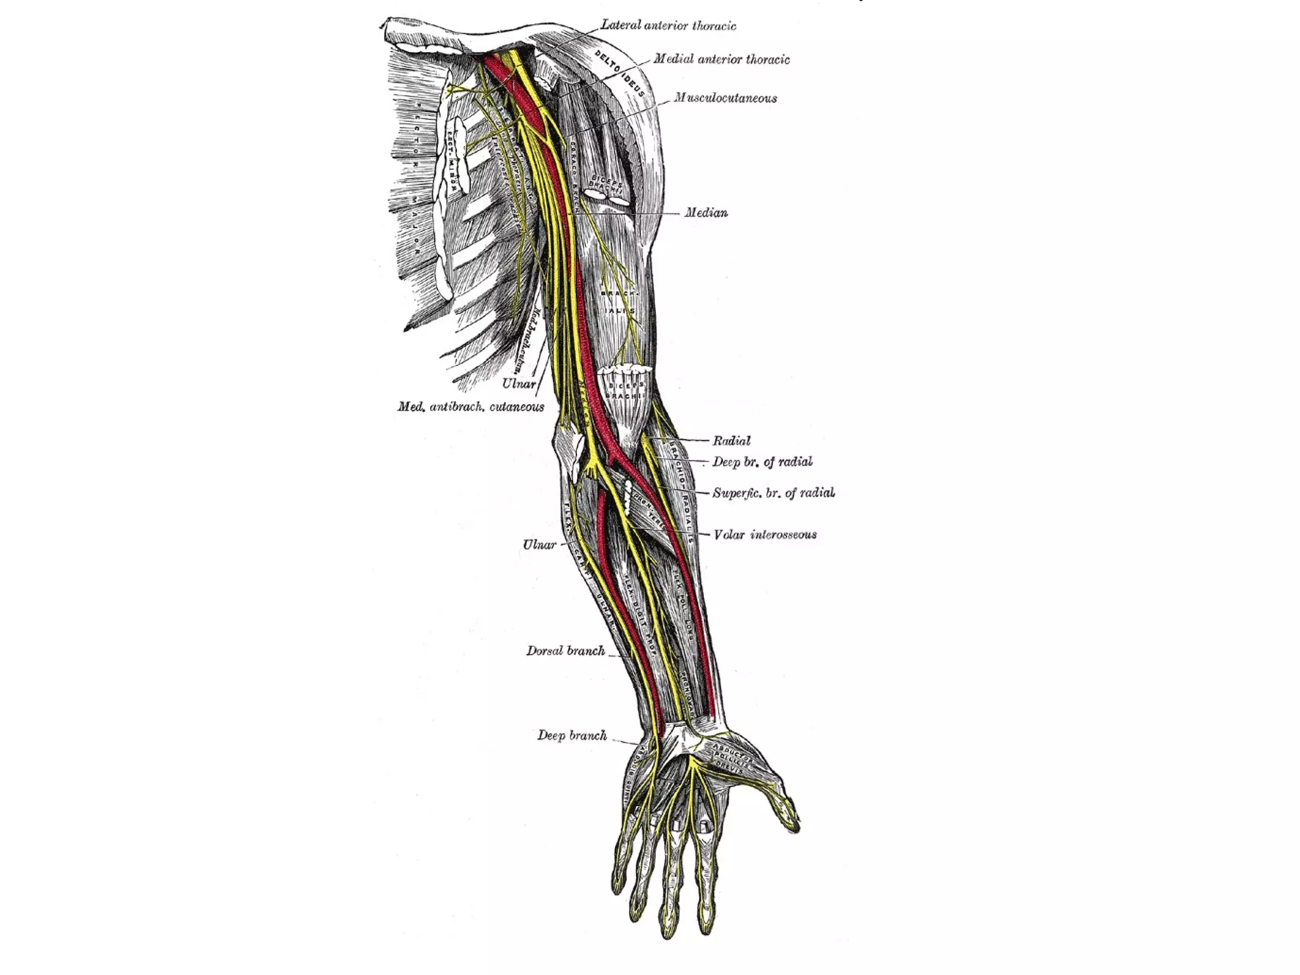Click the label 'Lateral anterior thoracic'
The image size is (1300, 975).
tap(668, 26)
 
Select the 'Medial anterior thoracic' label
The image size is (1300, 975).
tap(721, 60)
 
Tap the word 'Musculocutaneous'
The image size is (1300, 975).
tap(725, 98)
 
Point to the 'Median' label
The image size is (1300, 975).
tap(706, 213)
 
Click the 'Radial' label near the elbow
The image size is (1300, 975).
tap(731, 441)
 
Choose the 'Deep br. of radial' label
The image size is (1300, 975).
tap(762, 462)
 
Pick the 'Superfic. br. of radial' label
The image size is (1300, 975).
tap(773, 493)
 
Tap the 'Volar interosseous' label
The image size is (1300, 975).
tap(765, 535)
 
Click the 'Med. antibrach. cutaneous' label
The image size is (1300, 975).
tap(470, 407)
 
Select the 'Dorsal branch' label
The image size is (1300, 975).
tap(565, 651)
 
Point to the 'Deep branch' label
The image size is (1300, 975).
tap(572, 736)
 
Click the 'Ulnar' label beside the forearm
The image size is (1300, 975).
tap(539, 545)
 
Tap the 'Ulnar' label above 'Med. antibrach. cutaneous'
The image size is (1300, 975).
tap(519, 384)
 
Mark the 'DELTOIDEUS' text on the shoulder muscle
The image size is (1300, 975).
tap(620, 74)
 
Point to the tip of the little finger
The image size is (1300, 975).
tap(616, 885)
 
